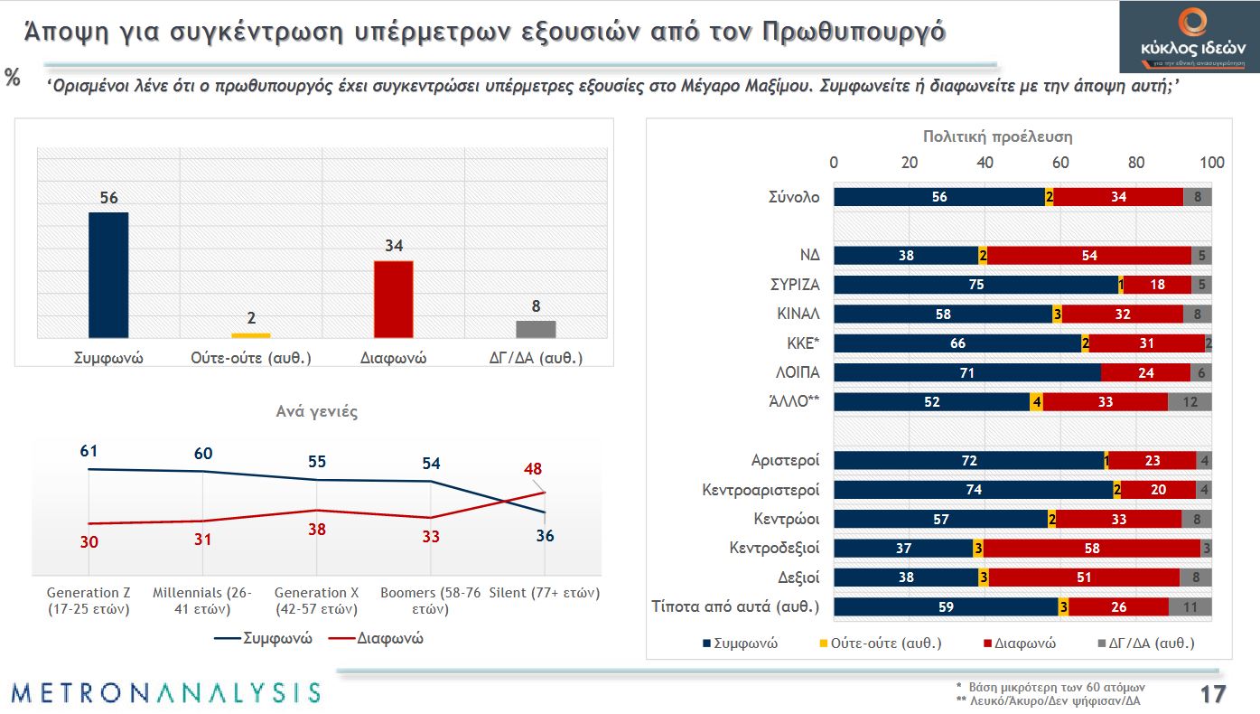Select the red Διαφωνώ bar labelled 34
(393, 299)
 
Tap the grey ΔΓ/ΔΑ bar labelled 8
(536, 329)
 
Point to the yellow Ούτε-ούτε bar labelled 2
(251, 335)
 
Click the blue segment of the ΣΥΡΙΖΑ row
(975, 285)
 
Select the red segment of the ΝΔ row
(1088, 256)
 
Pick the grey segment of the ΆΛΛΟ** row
(1190, 402)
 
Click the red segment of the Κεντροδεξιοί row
(1092, 549)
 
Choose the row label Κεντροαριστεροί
(761, 490)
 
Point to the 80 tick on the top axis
(1136, 163)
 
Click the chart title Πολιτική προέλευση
(997, 136)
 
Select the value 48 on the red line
(533, 469)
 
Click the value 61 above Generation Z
(88, 450)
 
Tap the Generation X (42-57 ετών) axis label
(316, 601)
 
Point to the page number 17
(1212, 694)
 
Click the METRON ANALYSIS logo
(166, 692)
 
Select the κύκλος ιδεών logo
(1188, 37)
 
